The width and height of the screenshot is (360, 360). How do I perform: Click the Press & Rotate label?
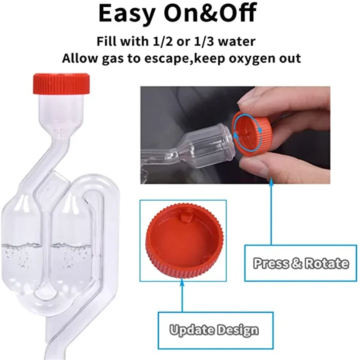click(301, 263)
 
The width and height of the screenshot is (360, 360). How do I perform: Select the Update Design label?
click(214, 330)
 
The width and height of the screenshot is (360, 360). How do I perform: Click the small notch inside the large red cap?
click(185, 217)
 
